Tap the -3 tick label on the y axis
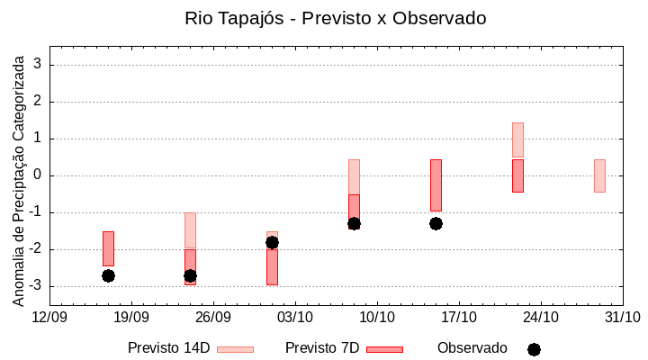point(37,286)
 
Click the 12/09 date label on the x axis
point(49,317)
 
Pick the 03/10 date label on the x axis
point(295,317)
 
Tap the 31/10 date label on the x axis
point(622,317)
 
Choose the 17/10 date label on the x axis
point(459,317)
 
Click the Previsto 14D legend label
point(168,348)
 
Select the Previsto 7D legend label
point(321,348)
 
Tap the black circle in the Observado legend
point(534,349)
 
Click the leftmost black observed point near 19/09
point(108,275)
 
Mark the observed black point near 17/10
point(436,223)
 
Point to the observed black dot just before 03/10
point(272,242)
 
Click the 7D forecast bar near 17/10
point(436,184)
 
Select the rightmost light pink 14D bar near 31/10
point(599,175)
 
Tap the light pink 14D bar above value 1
point(517,139)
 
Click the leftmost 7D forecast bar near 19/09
point(108,248)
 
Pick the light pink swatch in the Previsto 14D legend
point(235,349)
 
